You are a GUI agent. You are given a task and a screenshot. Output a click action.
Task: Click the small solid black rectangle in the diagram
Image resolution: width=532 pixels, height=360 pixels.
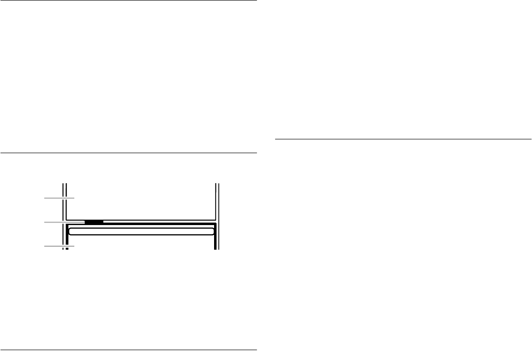94,222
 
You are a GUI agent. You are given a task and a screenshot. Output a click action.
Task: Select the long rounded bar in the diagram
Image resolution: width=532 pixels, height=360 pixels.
141,231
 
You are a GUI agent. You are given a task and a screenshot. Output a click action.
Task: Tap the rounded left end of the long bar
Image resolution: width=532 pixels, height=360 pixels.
71,231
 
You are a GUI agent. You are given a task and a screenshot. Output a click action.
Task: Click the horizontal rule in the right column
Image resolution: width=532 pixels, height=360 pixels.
403,139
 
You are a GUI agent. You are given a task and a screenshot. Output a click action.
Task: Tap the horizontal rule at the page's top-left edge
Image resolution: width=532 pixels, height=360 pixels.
128,0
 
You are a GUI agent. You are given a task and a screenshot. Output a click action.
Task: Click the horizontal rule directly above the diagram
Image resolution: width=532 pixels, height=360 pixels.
128,153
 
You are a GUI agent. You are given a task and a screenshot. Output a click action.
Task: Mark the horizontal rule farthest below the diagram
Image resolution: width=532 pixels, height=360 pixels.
128,350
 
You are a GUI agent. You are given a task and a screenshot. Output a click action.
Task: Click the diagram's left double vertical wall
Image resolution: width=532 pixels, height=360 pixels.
64,207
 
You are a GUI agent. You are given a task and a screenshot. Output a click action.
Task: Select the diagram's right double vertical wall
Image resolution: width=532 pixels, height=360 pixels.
217,207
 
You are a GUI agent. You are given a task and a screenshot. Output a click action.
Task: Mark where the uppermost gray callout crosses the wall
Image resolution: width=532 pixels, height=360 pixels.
64,198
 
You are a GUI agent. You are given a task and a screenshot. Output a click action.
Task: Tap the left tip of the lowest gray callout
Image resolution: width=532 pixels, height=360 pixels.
45,246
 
